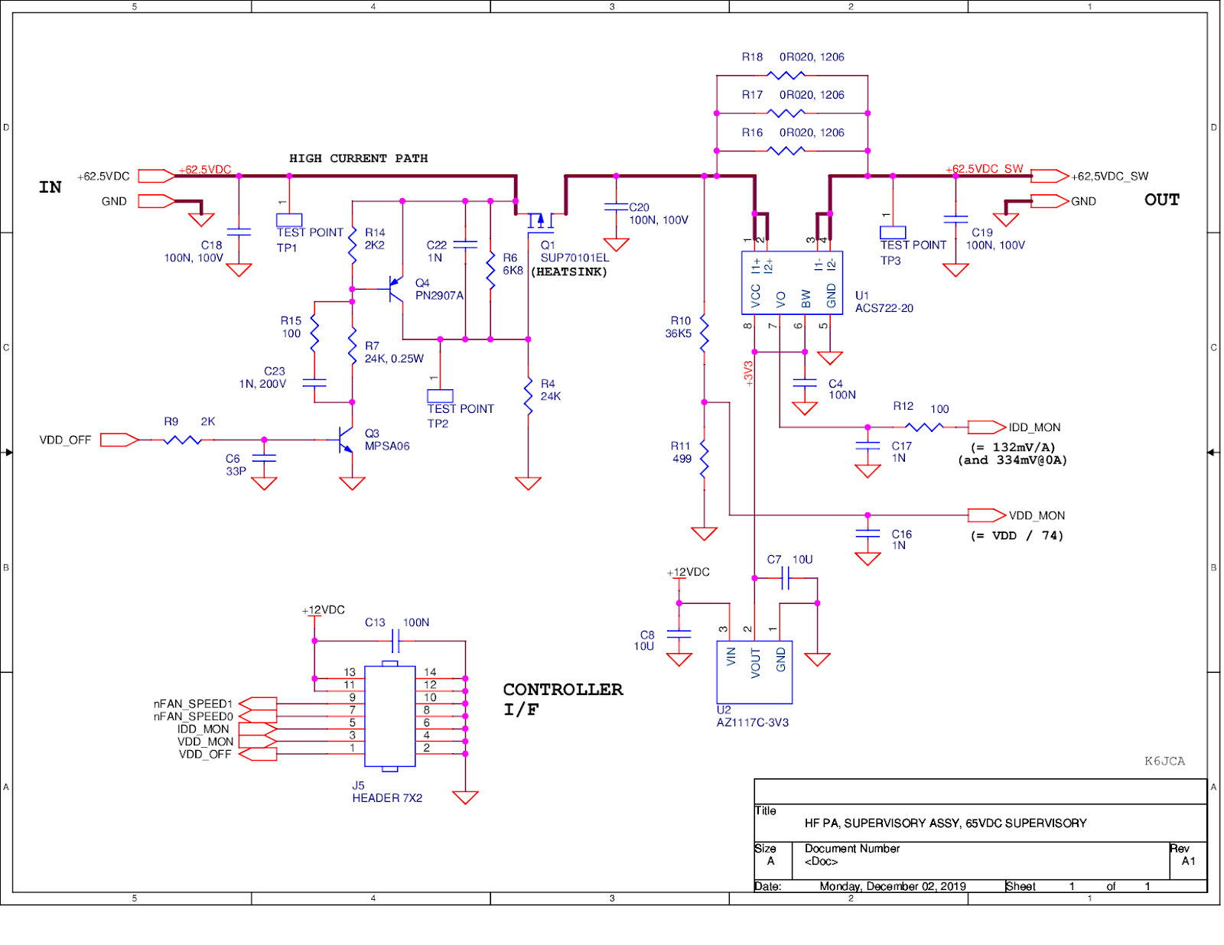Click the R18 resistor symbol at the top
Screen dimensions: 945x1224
click(786, 75)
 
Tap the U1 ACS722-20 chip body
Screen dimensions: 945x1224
click(792, 283)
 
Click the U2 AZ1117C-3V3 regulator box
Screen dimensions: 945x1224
click(754, 671)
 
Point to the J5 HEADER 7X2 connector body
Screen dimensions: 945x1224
click(389, 716)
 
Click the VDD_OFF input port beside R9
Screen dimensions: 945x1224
click(119, 440)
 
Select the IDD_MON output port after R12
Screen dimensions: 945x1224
click(986, 427)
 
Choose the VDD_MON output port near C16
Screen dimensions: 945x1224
click(986, 515)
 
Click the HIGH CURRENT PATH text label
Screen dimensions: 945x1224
click(358, 158)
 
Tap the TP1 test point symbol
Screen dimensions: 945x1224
click(289, 219)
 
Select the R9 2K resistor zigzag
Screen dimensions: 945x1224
click(182, 440)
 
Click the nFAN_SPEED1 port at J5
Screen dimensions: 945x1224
click(258, 703)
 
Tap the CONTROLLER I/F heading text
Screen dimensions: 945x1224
click(562, 699)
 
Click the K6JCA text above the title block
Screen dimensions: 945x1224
click(1164, 761)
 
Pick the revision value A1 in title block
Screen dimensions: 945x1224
click(1188, 861)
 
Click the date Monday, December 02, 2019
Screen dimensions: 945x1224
click(892, 886)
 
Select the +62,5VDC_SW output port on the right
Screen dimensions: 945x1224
click(1049, 176)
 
